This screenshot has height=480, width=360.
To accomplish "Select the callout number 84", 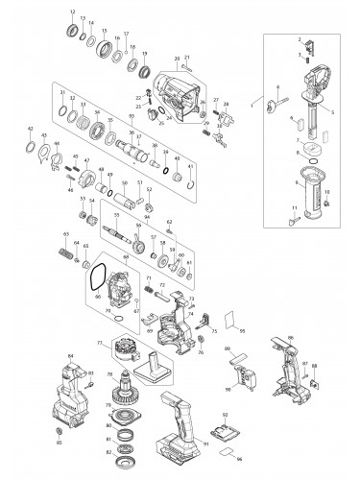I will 70,355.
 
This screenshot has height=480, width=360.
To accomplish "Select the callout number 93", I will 130,116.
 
